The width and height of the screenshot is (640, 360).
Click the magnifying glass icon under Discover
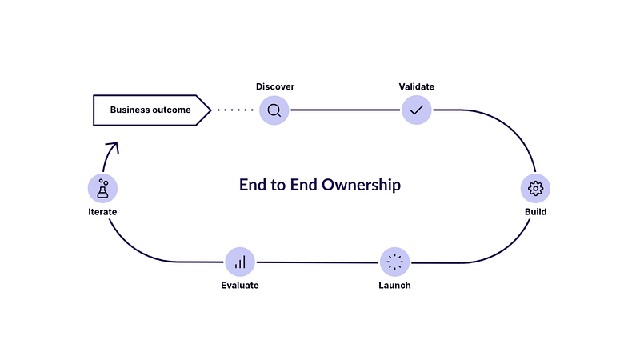pyautogui.click(x=274, y=110)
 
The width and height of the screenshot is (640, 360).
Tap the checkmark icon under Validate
pyautogui.click(x=416, y=110)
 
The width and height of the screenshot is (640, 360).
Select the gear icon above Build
pyautogui.click(x=535, y=188)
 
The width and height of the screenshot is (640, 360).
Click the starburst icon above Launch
pyautogui.click(x=394, y=262)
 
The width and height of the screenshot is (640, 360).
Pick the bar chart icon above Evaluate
pyautogui.click(x=240, y=262)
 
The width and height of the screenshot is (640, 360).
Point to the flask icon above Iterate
pyautogui.click(x=103, y=188)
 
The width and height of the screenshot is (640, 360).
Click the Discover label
pyautogui.click(x=275, y=86)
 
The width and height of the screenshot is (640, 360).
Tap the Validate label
pyautogui.click(x=416, y=86)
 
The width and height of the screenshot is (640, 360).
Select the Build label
pyautogui.click(x=535, y=212)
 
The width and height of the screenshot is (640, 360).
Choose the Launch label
pyautogui.click(x=394, y=286)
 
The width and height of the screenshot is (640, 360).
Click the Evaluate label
pyautogui.click(x=240, y=286)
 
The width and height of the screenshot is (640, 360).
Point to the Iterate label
pyautogui.click(x=102, y=212)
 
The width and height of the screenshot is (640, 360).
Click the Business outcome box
pyautogui.click(x=152, y=110)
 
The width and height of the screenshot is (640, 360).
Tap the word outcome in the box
pyautogui.click(x=174, y=110)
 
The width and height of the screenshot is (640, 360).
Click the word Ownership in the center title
pyautogui.click(x=361, y=185)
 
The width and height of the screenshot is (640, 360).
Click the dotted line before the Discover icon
pyautogui.click(x=235, y=110)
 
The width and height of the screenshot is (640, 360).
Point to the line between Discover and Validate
pyautogui.click(x=346, y=110)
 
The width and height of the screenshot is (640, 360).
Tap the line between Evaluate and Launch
pyautogui.click(x=318, y=262)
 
